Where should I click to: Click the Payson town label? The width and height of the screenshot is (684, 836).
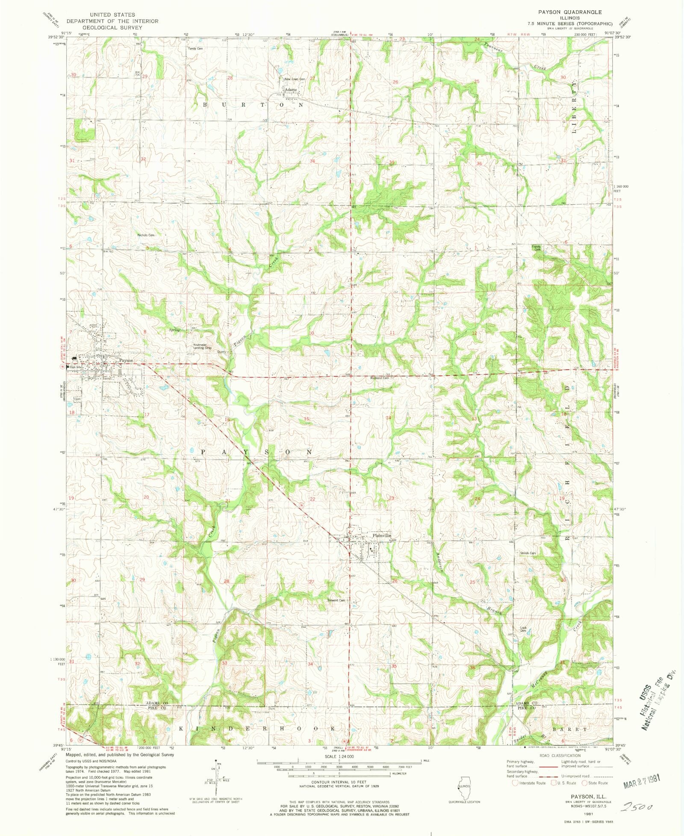click(126, 360)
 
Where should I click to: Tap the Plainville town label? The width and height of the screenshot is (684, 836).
click(381, 535)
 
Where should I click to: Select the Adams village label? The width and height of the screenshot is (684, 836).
click(291, 90)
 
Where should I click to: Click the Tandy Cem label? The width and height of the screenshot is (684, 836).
click(195, 48)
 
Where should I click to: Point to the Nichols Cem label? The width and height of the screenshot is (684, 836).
click(145, 235)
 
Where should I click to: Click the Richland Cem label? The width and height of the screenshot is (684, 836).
click(380, 378)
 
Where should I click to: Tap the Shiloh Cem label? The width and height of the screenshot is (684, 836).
click(528, 553)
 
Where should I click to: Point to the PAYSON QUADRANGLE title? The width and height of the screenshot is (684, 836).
click(570, 12)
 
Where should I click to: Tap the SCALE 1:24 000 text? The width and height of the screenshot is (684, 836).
click(339, 756)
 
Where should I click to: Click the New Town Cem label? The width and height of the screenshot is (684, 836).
click(295, 79)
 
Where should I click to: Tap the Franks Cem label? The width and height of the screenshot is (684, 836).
click(536, 248)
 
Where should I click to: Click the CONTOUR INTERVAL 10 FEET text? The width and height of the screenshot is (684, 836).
click(339, 782)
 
